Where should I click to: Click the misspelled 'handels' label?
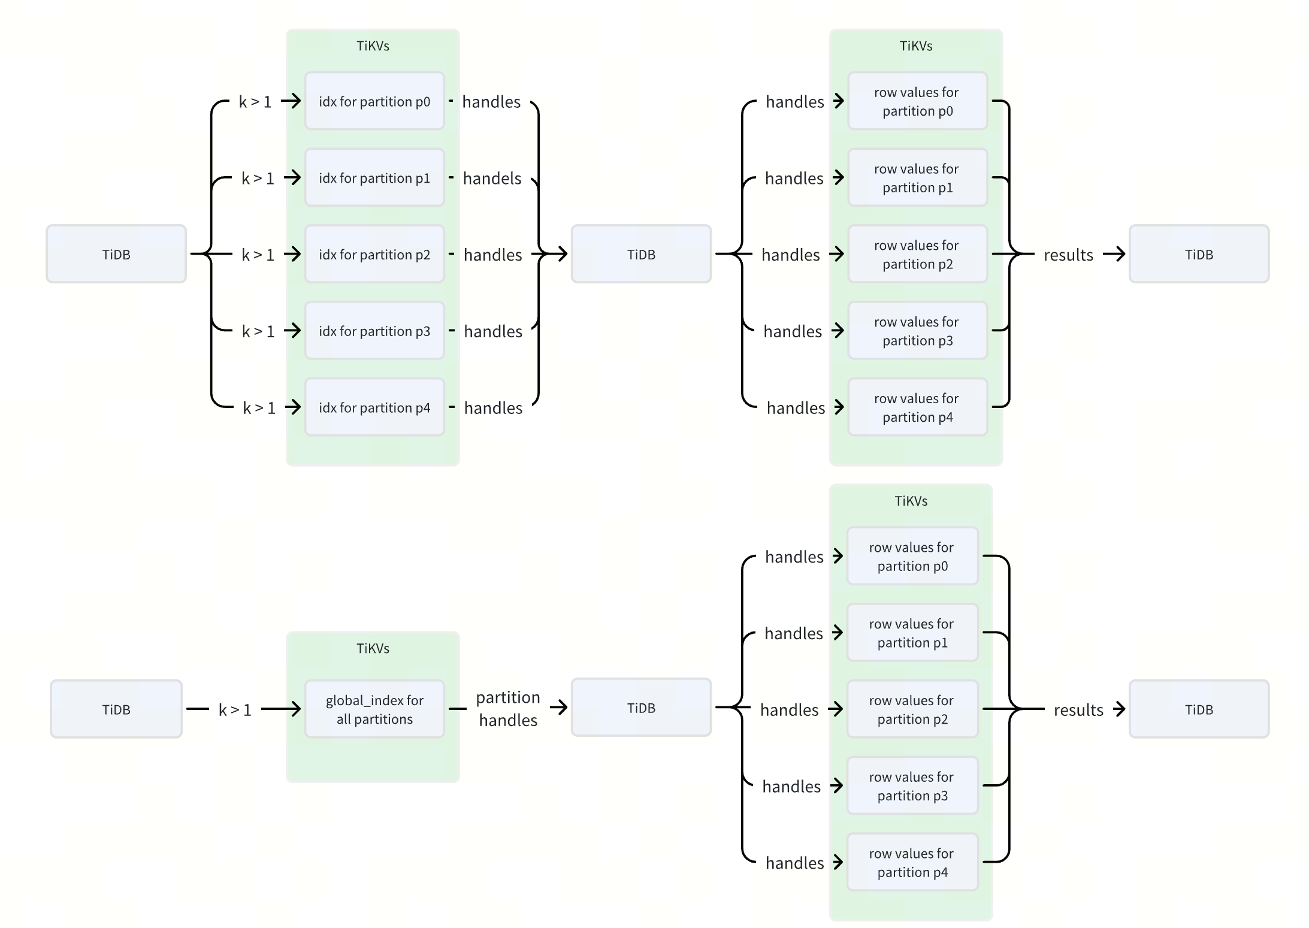492,178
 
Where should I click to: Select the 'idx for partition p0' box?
374,101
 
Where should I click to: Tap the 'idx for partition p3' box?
374,331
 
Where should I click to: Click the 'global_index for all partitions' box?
374,709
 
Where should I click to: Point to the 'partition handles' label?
508,709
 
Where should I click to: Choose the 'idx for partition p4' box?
374,407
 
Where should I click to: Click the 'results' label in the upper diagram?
1068,255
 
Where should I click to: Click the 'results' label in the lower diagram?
1078,710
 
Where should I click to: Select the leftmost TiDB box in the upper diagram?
116,254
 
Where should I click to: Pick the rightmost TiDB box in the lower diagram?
1199,709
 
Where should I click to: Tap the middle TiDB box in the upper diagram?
641,254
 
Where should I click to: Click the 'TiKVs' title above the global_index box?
373,648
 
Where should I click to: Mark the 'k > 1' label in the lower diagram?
235,710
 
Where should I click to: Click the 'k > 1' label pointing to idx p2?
258,255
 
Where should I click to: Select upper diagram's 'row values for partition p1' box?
917,178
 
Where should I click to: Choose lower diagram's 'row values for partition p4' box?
912,862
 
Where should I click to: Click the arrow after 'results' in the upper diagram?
1114,254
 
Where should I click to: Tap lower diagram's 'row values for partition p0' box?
912,556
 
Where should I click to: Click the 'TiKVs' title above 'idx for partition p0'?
373,46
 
